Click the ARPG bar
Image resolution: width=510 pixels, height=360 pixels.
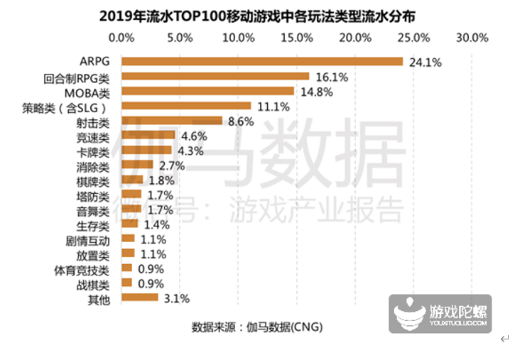coord(262,62)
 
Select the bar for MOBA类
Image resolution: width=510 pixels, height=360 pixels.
coord(208,91)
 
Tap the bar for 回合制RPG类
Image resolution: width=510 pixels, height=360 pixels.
coord(216,77)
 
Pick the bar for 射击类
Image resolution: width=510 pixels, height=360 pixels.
coord(173,121)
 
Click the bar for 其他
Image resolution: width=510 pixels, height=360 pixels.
coord(140,298)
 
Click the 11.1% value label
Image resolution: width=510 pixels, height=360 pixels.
coord(273,107)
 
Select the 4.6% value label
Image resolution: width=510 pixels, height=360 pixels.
coord(192,136)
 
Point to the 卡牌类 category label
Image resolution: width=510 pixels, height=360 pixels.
coord(94,151)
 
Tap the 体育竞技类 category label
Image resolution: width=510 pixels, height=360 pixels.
coord(84,269)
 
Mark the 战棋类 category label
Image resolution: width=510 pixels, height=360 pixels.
coord(94,283)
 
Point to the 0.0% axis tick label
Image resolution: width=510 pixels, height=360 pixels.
coord(123,37)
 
